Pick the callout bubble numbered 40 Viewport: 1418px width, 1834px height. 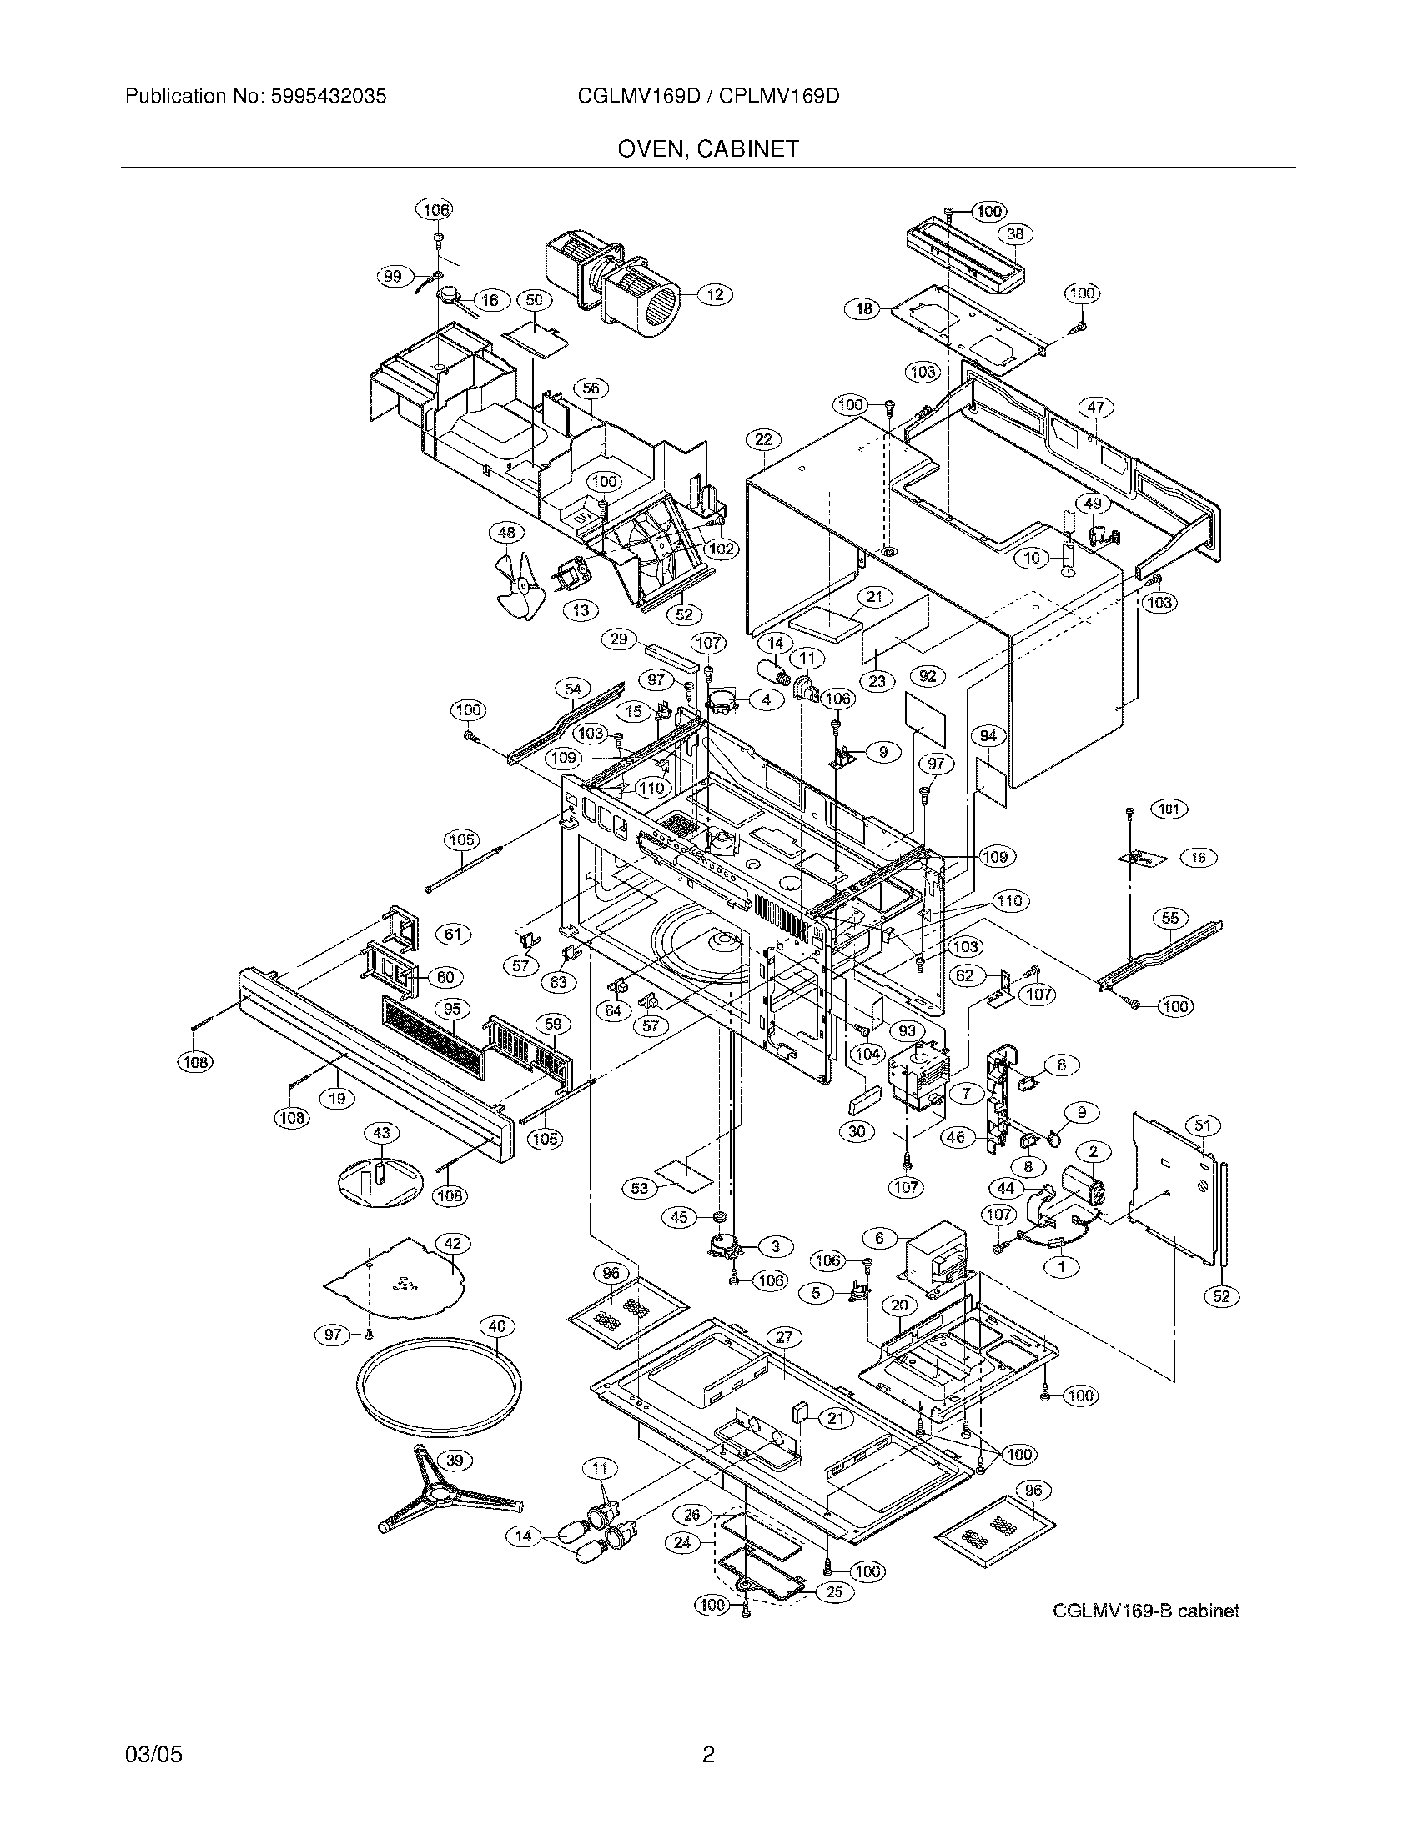[497, 1327]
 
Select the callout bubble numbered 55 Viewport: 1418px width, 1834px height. [1170, 918]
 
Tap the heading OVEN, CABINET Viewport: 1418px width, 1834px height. [708, 149]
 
